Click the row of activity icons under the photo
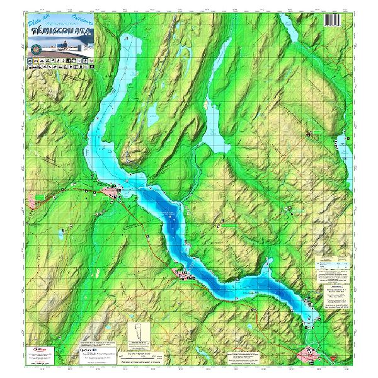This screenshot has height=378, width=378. (60, 63)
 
